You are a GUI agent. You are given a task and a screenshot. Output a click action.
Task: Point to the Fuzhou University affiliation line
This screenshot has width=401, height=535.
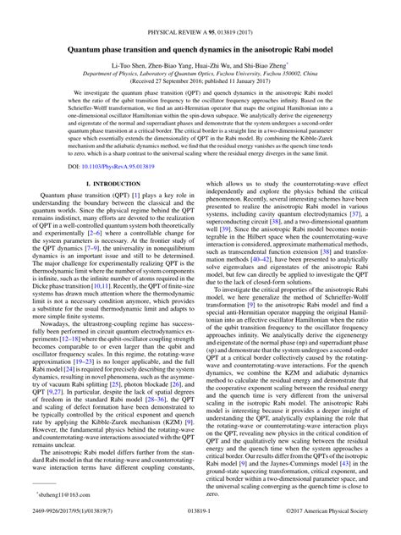tap(200, 74)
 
